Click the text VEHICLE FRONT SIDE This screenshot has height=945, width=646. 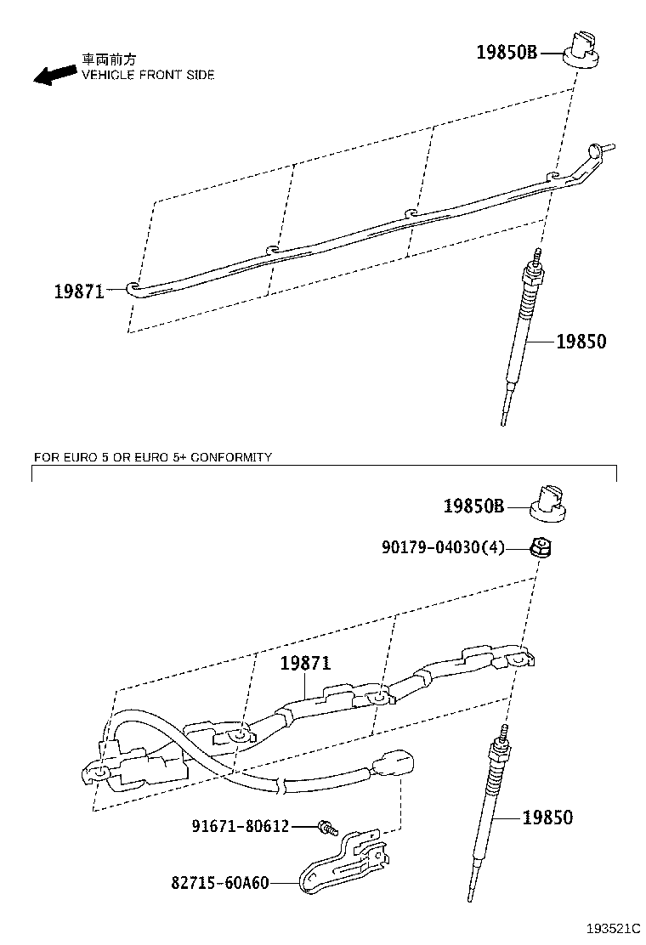(148, 76)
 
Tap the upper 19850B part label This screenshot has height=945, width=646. (507, 53)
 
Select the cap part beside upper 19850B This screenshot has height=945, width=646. (583, 49)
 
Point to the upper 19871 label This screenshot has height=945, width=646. (79, 291)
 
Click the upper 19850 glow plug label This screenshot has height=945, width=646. (581, 342)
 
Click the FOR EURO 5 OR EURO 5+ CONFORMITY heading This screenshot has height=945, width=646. (153, 457)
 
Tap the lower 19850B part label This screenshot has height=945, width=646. (473, 506)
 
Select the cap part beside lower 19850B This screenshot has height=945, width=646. (548, 503)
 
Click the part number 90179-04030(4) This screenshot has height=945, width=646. (443, 547)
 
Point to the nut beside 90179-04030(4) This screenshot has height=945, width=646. (541, 548)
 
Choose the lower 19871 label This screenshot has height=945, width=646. (305, 664)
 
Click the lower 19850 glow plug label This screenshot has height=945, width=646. (547, 818)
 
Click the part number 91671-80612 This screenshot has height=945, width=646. (241, 826)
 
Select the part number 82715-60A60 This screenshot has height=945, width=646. (220, 883)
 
